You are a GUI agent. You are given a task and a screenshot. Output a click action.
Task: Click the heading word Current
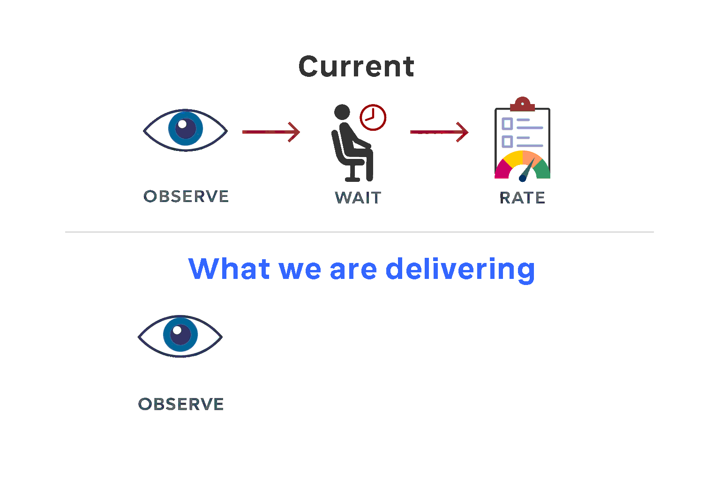[356, 67]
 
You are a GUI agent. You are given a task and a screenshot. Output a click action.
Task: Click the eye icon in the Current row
[186, 130]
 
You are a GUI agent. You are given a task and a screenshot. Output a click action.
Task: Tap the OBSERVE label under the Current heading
[186, 196]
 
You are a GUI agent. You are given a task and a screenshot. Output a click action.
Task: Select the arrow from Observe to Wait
[271, 132]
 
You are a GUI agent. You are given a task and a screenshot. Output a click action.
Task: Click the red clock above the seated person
[373, 117]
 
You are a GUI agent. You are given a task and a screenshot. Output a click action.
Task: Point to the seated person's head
[342, 112]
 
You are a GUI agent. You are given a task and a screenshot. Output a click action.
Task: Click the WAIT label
[358, 198]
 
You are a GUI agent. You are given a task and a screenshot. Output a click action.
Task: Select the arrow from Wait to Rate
[439, 132]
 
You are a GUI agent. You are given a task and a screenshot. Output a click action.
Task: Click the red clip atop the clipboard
[522, 104]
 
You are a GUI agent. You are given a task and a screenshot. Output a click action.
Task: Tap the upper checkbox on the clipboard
[507, 124]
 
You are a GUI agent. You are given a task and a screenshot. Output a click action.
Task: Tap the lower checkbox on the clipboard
[507, 141]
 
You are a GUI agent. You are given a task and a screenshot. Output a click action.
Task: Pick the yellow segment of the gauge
[514, 158]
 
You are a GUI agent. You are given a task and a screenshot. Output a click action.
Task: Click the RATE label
[522, 198]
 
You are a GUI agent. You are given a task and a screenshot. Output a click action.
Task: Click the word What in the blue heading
[229, 269]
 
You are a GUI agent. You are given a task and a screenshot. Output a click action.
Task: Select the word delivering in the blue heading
[460, 269]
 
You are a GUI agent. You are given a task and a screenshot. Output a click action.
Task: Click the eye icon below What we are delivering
[180, 336]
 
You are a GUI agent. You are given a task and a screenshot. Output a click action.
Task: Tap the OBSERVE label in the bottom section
[181, 404]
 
